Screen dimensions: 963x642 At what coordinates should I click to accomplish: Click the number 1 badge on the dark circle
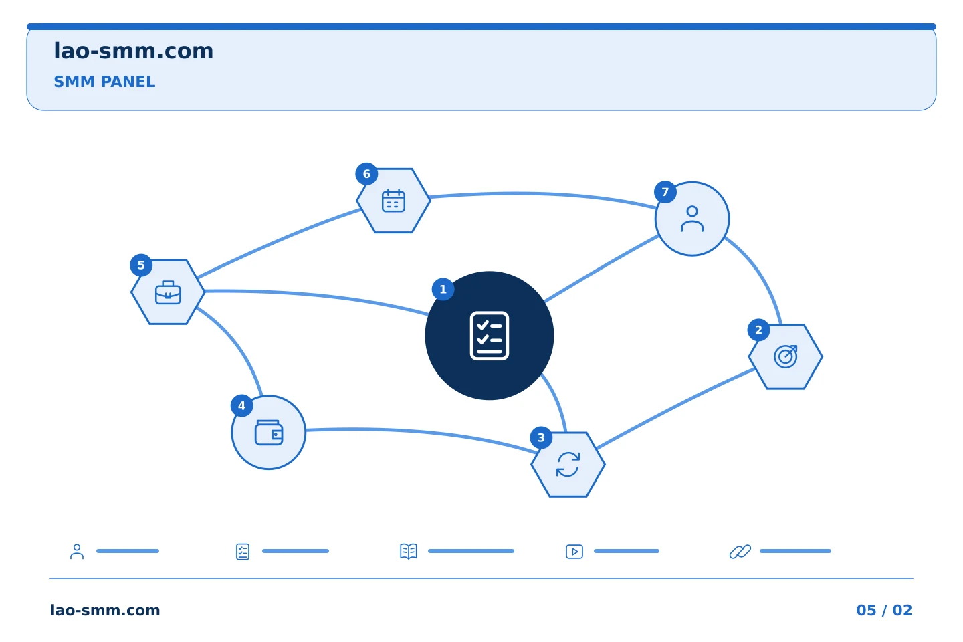443,289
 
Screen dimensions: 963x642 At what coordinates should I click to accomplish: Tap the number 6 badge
366,174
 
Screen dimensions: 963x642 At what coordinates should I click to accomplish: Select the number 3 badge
541,438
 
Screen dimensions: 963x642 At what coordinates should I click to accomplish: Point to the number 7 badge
665,192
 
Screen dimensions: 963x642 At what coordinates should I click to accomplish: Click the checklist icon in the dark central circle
490,336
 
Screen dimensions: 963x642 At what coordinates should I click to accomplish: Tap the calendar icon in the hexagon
393,201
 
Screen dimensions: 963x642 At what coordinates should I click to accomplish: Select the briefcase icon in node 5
168,292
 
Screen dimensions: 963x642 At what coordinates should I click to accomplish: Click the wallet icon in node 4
269,433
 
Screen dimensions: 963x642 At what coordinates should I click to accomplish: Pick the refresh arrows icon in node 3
568,464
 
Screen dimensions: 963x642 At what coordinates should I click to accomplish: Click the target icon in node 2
785,356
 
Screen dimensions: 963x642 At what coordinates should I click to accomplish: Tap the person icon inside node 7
692,219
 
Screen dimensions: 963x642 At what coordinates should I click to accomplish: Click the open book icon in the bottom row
409,551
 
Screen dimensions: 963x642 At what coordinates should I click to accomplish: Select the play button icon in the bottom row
574,552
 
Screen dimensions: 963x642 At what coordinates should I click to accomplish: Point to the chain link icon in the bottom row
740,552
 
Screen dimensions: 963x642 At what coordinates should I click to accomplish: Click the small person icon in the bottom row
77,552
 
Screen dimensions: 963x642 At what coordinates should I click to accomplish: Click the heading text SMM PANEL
104,82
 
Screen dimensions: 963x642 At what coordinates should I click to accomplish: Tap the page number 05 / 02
884,610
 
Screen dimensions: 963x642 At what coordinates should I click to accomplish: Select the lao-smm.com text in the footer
106,610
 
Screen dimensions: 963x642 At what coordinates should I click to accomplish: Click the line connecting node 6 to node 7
542,195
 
